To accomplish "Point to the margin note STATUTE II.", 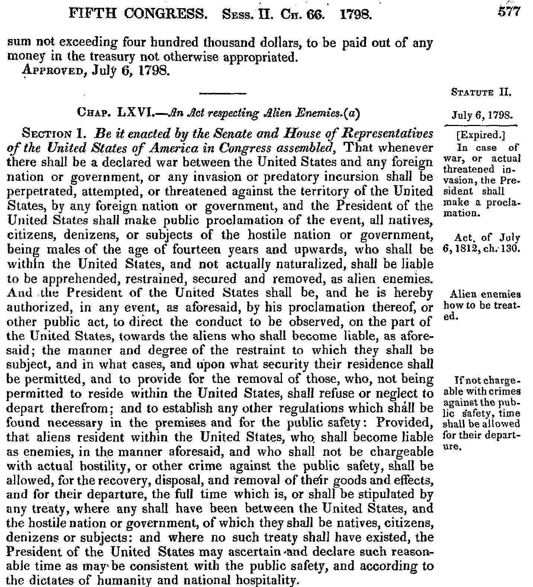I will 481,91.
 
